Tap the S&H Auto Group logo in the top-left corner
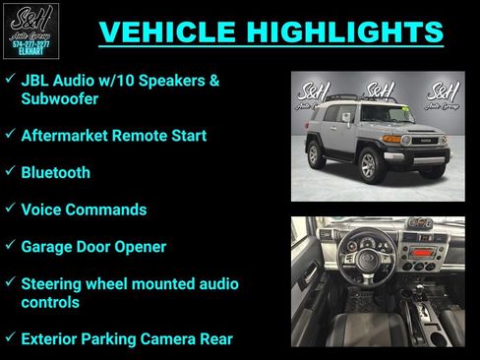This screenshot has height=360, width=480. tap(30, 30)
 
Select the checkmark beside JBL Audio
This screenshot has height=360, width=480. tap(9, 78)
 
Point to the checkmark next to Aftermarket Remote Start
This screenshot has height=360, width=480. tap(9, 134)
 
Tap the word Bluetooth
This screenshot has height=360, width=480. tap(55, 172)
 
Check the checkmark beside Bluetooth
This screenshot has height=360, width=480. tap(9, 171)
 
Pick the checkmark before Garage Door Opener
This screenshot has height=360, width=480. tap(9, 245)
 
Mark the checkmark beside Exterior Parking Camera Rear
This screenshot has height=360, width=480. tap(9, 337)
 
